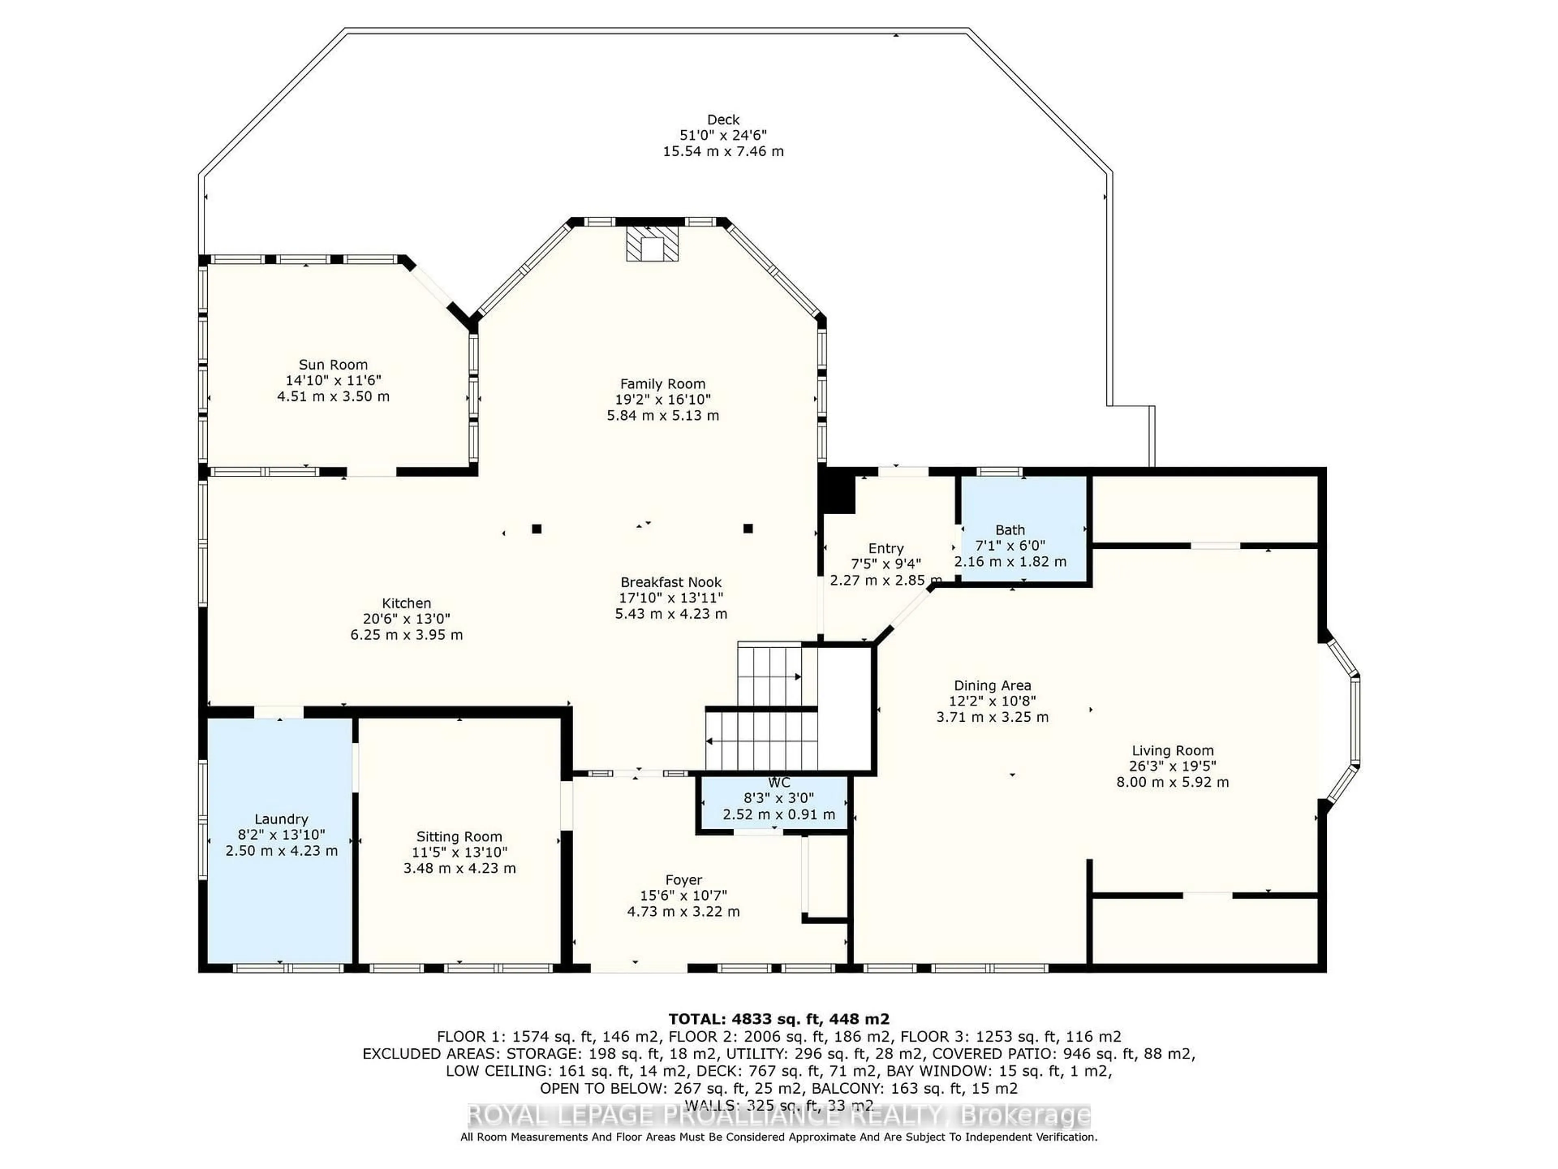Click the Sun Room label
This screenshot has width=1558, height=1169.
[333, 365]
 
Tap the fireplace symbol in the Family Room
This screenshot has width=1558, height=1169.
[653, 244]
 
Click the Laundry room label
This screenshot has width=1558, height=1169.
[281, 819]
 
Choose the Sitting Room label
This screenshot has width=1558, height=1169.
[459, 837]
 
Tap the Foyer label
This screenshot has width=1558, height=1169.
[683, 880]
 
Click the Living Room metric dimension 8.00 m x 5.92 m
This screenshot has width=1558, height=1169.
[1172, 782]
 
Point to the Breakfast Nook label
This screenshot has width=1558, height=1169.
[671, 582]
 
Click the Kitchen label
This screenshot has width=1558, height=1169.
[407, 603]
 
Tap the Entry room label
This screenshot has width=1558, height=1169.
[885, 548]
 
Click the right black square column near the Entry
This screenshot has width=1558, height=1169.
[748, 528]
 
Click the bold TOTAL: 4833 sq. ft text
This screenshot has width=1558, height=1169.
[778, 1019]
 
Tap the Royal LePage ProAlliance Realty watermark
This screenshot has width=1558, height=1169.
[778, 1115]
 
